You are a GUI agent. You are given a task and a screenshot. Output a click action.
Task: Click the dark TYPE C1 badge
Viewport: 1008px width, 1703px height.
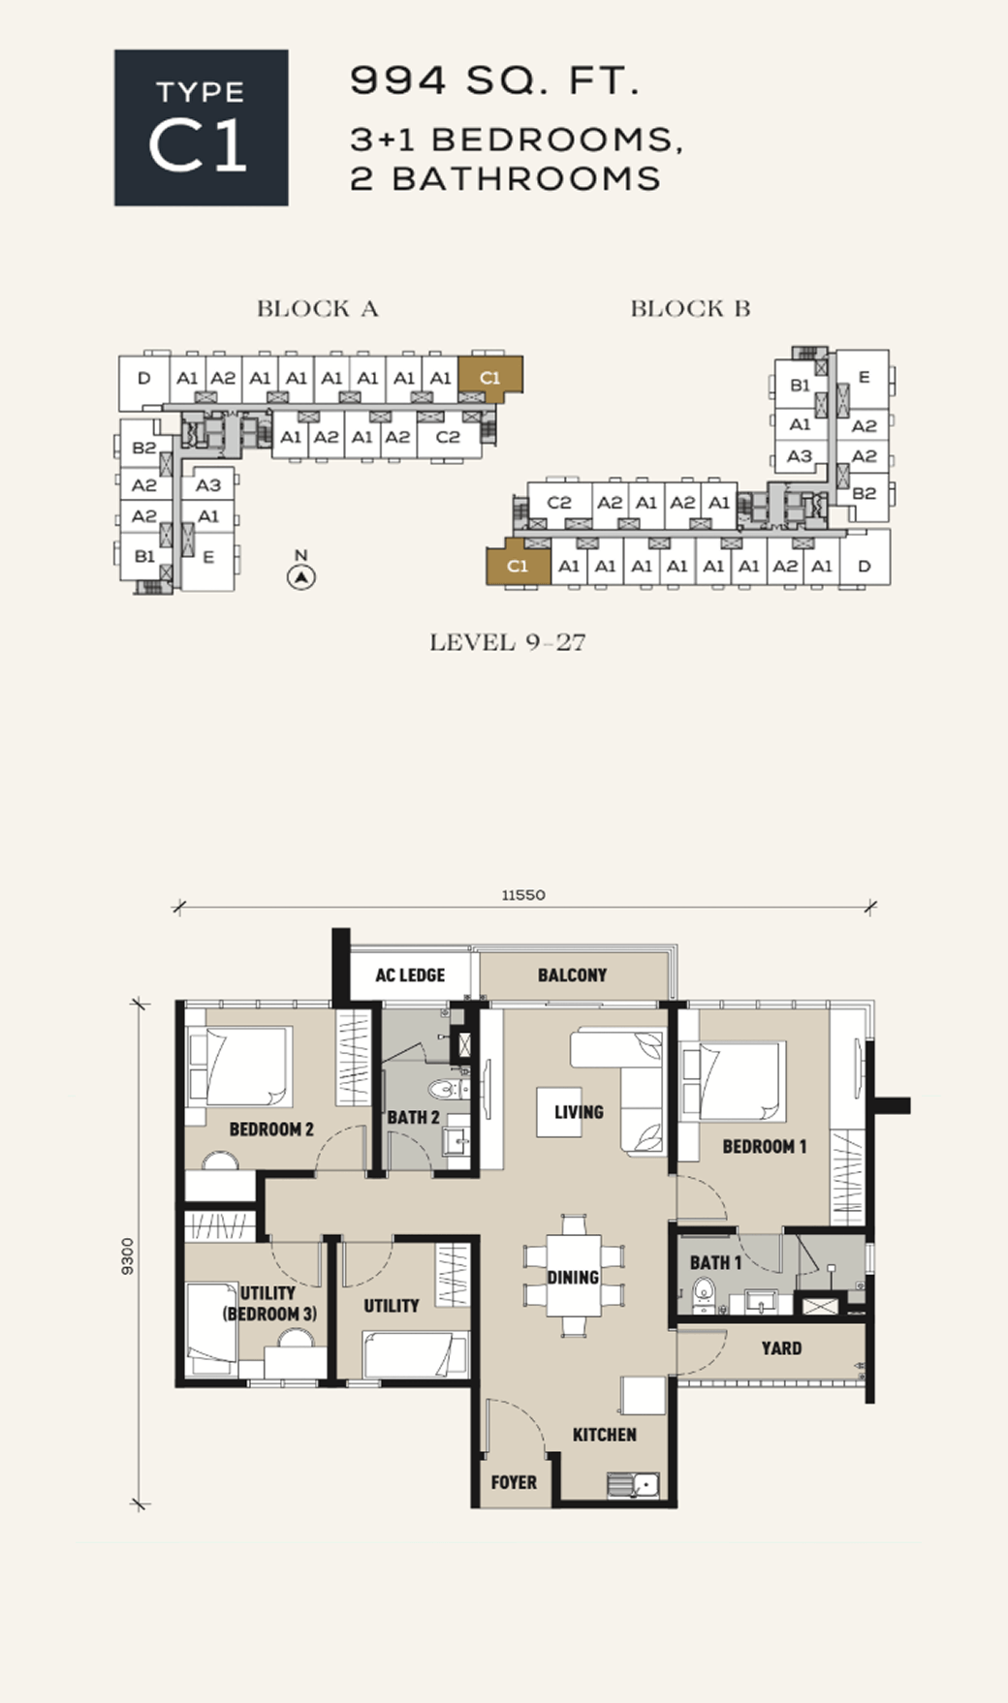(x=202, y=128)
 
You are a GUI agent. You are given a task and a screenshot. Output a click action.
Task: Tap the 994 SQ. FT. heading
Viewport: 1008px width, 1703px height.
(x=494, y=80)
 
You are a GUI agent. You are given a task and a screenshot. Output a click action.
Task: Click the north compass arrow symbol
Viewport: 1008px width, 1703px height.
(x=302, y=577)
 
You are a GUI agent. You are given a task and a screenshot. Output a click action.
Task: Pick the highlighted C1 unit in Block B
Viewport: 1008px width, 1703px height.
(x=518, y=565)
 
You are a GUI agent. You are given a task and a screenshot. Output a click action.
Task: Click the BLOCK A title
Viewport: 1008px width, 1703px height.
(x=318, y=309)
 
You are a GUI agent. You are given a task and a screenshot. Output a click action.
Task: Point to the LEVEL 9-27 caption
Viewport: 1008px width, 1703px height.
(x=508, y=642)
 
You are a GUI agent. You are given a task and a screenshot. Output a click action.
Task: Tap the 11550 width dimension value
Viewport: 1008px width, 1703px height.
(x=523, y=895)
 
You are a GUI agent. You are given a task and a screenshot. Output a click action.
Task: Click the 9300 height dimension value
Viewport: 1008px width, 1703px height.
(x=128, y=1256)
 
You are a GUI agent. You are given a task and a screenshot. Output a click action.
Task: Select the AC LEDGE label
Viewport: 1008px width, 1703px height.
(x=410, y=975)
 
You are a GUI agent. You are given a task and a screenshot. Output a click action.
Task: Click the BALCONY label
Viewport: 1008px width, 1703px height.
(x=572, y=975)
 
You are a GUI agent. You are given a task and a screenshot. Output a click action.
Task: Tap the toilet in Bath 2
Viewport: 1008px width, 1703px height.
(x=446, y=1090)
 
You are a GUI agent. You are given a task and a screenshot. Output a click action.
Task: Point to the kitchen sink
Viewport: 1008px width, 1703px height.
(x=633, y=1484)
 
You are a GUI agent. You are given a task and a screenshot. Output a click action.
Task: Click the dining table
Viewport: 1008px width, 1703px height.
(x=573, y=1277)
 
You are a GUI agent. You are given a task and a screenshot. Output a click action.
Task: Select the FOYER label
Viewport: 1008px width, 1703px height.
(x=514, y=1482)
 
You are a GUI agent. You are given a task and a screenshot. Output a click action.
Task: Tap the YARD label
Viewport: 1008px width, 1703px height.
(x=781, y=1347)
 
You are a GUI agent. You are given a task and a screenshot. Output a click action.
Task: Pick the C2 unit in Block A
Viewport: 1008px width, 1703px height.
(x=448, y=437)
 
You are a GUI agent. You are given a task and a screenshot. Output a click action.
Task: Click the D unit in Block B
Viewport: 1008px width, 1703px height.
(x=865, y=566)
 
